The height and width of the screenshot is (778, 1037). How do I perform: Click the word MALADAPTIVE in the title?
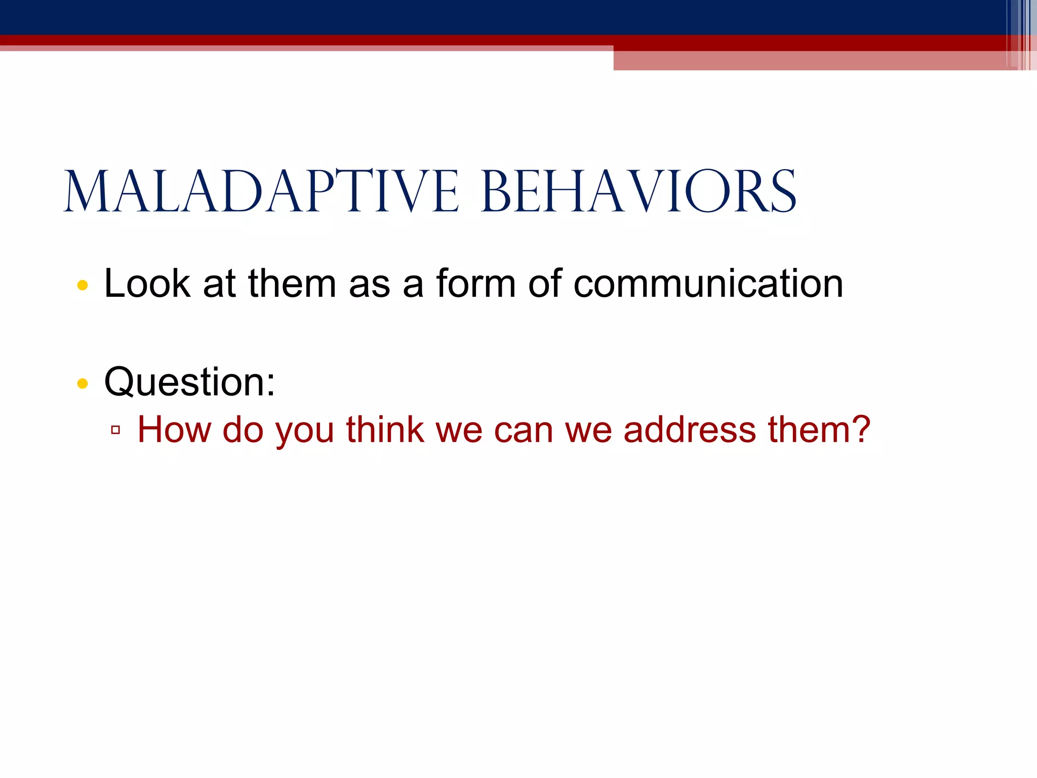(x=261, y=192)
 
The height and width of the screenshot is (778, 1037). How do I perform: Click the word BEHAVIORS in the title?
(x=639, y=192)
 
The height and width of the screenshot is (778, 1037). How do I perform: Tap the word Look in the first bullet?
(x=147, y=284)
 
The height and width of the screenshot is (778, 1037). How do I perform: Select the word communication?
(x=708, y=284)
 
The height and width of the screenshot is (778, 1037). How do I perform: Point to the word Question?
(x=189, y=382)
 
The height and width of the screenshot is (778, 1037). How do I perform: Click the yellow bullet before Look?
(x=83, y=285)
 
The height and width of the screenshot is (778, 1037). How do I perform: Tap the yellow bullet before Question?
(x=83, y=384)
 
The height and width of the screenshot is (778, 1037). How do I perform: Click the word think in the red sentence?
(x=385, y=430)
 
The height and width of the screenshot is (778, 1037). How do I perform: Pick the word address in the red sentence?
(x=689, y=430)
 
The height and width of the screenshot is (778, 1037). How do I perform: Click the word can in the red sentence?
(x=523, y=430)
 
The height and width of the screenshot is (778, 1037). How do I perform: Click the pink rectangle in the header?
(x=810, y=60)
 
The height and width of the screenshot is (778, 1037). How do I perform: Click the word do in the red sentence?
(x=243, y=430)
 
